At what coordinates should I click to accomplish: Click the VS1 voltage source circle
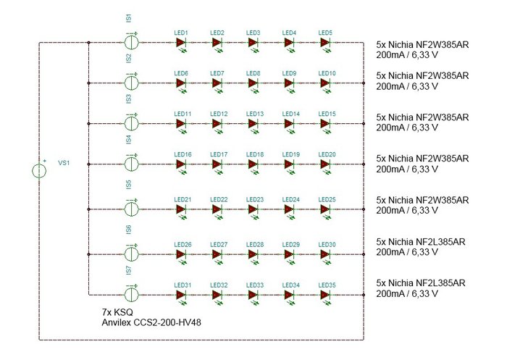[x=39, y=171]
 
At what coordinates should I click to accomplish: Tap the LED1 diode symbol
[x=181, y=43]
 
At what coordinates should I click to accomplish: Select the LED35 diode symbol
[x=326, y=295]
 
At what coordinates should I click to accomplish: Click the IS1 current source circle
[x=132, y=43]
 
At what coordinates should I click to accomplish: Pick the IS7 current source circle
[x=132, y=295]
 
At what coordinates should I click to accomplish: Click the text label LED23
[x=253, y=199]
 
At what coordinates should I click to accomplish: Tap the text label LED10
[x=327, y=74]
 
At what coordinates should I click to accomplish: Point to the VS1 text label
[x=64, y=163]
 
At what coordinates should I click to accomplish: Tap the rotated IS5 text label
[x=129, y=185]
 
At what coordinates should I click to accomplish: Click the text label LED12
[x=219, y=114]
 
